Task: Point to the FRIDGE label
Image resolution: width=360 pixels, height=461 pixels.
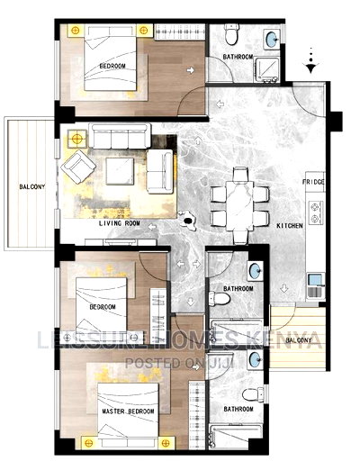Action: (x=312, y=183)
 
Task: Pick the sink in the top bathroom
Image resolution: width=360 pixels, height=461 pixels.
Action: (x=271, y=40)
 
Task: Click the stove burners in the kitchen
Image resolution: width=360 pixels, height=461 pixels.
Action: (x=316, y=212)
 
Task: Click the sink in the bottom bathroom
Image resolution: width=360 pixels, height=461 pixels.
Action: (x=256, y=361)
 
